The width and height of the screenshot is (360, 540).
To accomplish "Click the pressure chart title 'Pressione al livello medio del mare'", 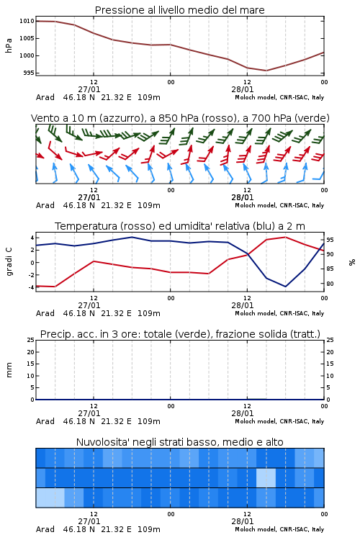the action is [x=179, y=10].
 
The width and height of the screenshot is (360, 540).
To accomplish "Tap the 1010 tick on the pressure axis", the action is [x=27, y=21].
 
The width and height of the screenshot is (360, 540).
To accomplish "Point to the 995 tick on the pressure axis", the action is [x=28, y=73].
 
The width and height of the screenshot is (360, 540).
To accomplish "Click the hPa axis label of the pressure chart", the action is [x=9, y=45].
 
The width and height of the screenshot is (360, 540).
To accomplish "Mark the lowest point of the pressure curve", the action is [x=266, y=71].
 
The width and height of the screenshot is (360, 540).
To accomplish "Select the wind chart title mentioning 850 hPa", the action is [x=180, y=118].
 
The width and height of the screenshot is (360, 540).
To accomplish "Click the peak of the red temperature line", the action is [x=285, y=237].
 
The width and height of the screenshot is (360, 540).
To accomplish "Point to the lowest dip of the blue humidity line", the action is [x=285, y=286].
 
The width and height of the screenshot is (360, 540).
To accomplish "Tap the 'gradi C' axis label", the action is [x=9, y=262].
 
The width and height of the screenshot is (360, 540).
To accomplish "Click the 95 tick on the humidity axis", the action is [x=330, y=240].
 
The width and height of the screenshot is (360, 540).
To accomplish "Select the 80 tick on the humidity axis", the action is [x=330, y=284].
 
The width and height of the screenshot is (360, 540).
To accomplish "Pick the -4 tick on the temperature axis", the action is [x=31, y=287].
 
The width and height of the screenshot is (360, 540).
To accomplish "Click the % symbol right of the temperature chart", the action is [x=352, y=262].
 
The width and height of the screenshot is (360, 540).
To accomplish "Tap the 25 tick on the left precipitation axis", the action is [x=31, y=340].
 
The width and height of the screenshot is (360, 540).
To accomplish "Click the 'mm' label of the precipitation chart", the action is [x=9, y=370].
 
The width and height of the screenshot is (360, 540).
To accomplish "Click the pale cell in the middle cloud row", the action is [x=266, y=477].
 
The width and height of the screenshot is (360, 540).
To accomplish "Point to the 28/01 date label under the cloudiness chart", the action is [x=243, y=521].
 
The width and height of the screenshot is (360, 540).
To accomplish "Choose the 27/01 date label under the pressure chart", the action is [x=89, y=89].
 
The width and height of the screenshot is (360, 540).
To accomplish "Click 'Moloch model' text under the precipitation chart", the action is [x=256, y=421].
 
